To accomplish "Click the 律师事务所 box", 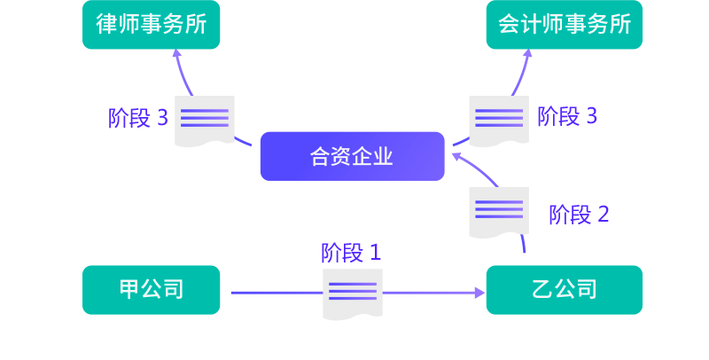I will click(x=152, y=24).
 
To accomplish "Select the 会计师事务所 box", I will click(x=564, y=24).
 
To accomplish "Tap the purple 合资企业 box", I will click(x=352, y=156).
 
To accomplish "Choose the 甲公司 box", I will click(x=152, y=290).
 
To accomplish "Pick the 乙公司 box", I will click(x=564, y=290).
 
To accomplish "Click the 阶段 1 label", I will click(x=351, y=253).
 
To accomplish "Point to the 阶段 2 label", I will click(x=579, y=214).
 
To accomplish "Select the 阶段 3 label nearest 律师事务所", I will click(x=138, y=118).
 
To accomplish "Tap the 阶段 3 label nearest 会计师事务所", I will click(x=567, y=116).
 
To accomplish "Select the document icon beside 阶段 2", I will click(x=499, y=211).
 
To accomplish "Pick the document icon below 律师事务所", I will click(x=205, y=121).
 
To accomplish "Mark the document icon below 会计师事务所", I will click(x=499, y=121).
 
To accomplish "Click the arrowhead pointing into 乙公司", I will click(x=479, y=292).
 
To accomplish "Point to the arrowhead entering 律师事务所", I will click(x=175, y=54).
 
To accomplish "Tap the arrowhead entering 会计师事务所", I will click(x=528, y=54).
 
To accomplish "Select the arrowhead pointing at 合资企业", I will click(x=456, y=156).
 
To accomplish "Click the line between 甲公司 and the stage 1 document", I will click(x=275, y=292).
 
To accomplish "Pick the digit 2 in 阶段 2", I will click(x=604, y=214).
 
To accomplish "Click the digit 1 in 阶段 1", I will click(x=375, y=253).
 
